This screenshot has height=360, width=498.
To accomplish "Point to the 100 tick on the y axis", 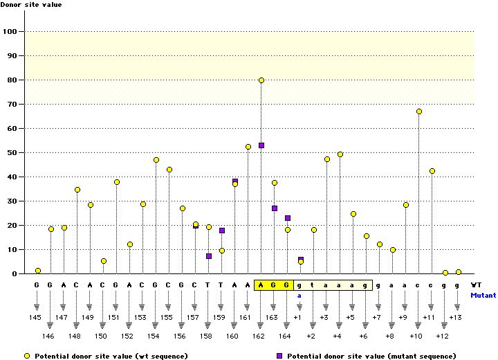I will [12, 32].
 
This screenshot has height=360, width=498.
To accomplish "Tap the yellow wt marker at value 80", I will [261, 80].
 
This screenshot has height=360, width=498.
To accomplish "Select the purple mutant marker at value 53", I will [261, 145].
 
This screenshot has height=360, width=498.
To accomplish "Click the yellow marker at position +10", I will [419, 111].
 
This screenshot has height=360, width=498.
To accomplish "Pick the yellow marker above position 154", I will [156, 160].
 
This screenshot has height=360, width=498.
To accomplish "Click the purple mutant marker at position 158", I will [209, 256].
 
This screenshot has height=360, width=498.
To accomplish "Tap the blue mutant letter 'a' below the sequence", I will [300, 295].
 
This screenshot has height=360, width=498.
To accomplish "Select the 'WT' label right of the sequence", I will [476, 285].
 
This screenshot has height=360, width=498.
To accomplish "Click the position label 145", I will [37, 317].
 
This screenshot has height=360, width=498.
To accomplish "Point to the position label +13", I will [455, 317].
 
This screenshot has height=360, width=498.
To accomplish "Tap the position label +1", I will [297, 317].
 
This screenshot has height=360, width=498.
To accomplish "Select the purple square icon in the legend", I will [279, 355].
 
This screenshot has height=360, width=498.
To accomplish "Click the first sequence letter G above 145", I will [37, 285].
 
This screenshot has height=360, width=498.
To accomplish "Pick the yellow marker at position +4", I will [340, 154].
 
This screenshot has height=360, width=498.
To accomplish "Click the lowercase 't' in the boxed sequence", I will [313, 285].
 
